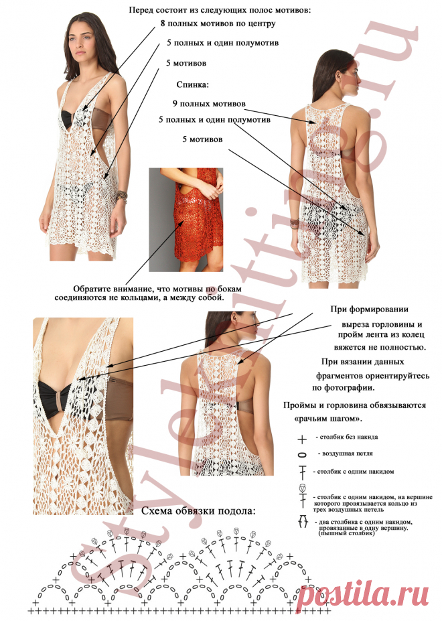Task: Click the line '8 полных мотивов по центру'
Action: [x=218, y=23]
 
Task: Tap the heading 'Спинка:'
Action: [x=192, y=85]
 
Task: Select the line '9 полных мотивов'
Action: [x=209, y=104]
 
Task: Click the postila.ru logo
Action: [x=363, y=594]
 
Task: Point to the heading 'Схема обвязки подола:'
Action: [x=198, y=511]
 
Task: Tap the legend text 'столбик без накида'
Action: [x=346, y=437]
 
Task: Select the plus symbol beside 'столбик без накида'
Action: [x=302, y=439]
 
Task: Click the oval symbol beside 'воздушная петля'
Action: [x=302, y=455]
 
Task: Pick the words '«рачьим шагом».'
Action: [x=329, y=419]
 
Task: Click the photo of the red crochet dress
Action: [x=186, y=220]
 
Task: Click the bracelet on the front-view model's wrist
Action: [x=121, y=196]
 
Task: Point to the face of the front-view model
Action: [x=81, y=42]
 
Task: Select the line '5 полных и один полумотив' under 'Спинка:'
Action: [x=215, y=120]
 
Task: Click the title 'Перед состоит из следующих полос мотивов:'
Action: [x=220, y=10]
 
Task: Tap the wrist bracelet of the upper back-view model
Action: [x=294, y=223]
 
